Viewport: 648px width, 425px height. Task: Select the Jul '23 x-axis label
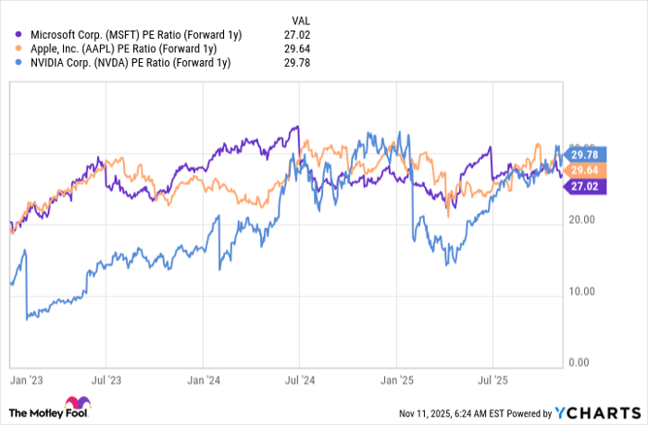(x=107, y=380)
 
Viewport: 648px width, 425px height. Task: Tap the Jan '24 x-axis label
(x=204, y=380)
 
